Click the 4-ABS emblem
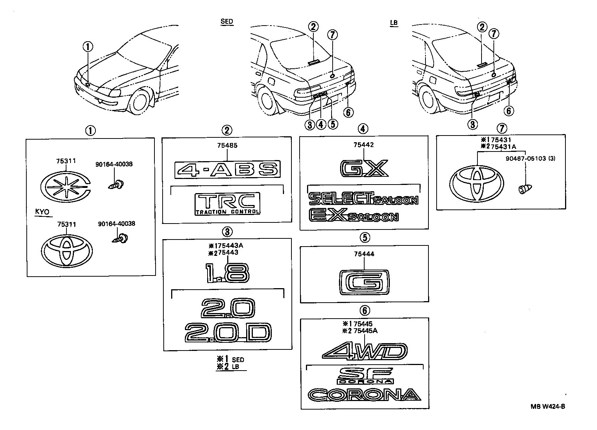click(x=227, y=170)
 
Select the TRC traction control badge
click(x=228, y=204)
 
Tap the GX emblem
click(x=364, y=168)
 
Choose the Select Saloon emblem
click(x=363, y=199)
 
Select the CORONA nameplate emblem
click(x=364, y=395)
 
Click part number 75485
click(x=227, y=146)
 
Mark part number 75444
click(x=364, y=254)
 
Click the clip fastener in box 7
click(x=523, y=189)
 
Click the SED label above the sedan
click(x=226, y=22)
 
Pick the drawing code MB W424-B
click(x=548, y=406)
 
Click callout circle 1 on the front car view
click(x=88, y=47)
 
